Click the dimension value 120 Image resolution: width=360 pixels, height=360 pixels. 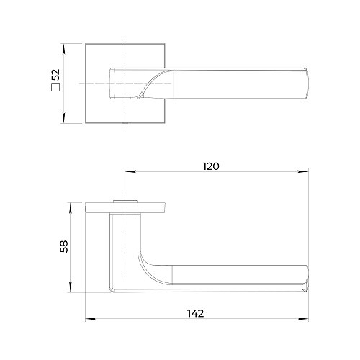(211, 166)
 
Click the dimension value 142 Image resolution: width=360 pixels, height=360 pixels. (195, 313)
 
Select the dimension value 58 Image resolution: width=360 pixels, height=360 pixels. (64, 246)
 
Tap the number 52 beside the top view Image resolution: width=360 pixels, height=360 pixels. (55, 75)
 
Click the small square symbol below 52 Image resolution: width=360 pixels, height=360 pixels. (55, 87)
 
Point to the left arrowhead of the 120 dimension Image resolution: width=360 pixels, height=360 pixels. (130, 171)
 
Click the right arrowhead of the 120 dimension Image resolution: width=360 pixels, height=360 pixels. (303, 171)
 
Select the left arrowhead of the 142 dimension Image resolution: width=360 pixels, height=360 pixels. (91, 319)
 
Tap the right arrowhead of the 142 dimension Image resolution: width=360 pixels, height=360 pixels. (303, 319)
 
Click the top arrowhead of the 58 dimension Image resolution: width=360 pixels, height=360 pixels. (71, 208)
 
